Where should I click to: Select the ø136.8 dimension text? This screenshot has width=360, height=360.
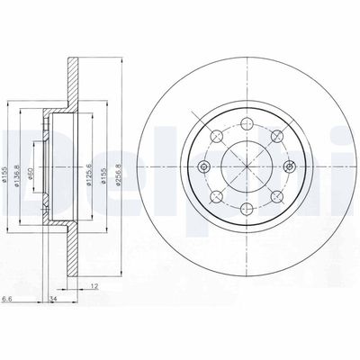click(x=20, y=165)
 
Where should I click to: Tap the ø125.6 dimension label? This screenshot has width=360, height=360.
click(x=89, y=166)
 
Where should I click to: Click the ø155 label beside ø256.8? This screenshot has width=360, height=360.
click(x=105, y=166)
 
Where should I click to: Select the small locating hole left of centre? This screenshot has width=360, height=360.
click(x=206, y=166)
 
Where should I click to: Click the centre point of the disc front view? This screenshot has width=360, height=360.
click(x=244, y=166)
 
